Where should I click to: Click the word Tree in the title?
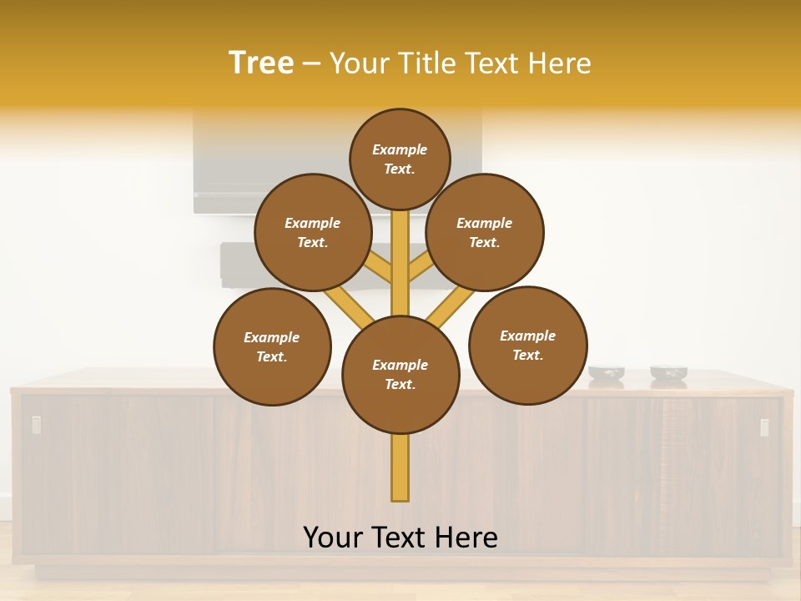pos(261,63)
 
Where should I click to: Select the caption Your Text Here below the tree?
pos(400,538)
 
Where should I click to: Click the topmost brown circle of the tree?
pos(400,159)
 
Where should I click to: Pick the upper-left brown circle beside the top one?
pos(313,232)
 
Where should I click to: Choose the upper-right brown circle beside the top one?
pos(485,232)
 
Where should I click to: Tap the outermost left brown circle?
pos(272,346)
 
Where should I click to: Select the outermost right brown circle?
pos(528,345)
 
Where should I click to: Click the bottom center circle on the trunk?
pos(400,375)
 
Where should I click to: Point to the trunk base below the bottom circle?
pos(400,467)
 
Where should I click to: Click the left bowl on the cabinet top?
pos(607,373)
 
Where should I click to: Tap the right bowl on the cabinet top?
pos(668,373)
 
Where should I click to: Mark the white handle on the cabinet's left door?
pos(37,425)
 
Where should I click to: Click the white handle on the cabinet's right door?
pos(764,427)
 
